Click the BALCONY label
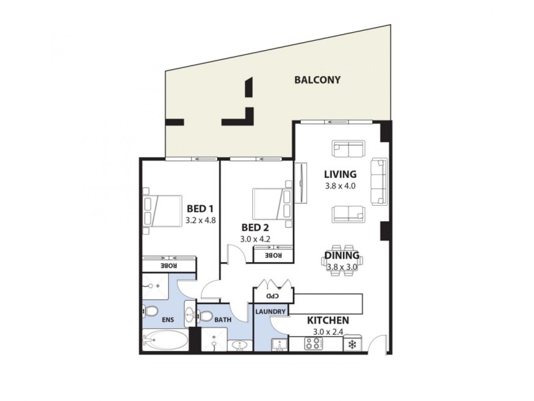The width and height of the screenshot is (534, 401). [x=318, y=80]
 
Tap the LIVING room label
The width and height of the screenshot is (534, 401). [x=340, y=174]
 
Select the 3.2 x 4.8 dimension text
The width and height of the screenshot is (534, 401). [x=202, y=219]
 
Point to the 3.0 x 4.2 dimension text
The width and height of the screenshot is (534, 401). [x=257, y=237]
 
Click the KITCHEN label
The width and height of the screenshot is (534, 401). [x=328, y=321]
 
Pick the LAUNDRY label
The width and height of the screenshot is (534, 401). [x=271, y=312]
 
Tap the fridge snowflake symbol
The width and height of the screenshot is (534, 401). [x=351, y=345]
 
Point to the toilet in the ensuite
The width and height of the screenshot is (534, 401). [x=151, y=311]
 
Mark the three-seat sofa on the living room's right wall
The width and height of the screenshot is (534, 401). [x=379, y=181]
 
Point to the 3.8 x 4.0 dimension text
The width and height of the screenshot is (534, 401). [x=340, y=186]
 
